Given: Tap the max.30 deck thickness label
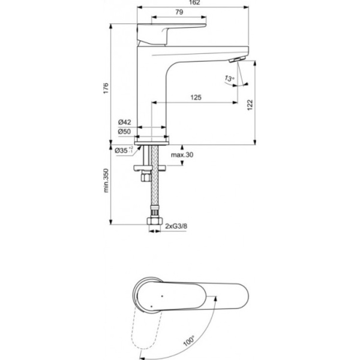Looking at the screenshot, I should (x=182, y=155).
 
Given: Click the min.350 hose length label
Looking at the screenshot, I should (x=105, y=180).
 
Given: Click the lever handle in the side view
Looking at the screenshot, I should (x=173, y=31).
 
